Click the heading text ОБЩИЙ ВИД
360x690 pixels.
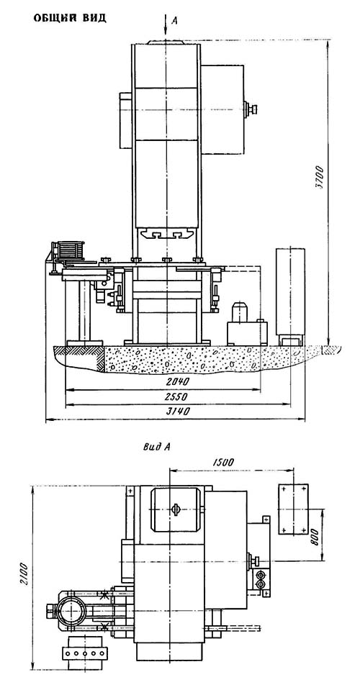(70, 19)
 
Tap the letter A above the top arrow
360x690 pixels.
(174, 21)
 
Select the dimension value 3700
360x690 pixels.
(319, 177)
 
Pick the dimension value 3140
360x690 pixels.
(176, 412)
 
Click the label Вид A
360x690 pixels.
(157, 447)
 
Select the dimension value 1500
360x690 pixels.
(223, 462)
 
